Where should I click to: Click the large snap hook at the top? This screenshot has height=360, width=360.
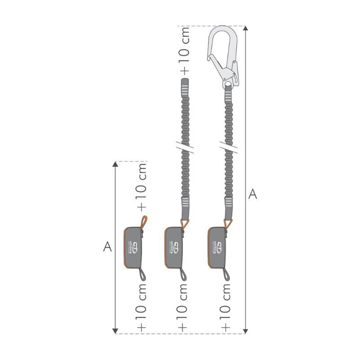224,56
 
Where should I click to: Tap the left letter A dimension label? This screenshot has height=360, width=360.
107,246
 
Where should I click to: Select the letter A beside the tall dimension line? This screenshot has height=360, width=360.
253,194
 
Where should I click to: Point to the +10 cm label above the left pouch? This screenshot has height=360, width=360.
142,186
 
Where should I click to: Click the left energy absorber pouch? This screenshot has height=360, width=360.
134,247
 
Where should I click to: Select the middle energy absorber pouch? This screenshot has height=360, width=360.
175,247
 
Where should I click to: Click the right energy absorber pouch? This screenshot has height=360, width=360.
219,247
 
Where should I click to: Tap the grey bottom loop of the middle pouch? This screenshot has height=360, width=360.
184,274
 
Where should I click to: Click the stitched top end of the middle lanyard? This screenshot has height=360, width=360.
185,85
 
